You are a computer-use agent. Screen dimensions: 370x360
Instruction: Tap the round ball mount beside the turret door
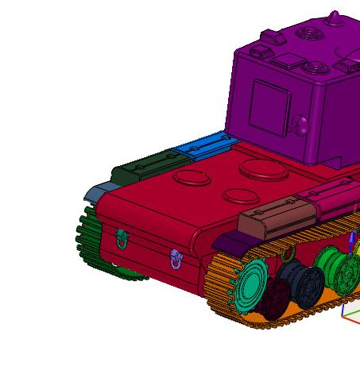tap(301, 125)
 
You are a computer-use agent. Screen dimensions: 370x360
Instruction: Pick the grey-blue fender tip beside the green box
tap(100, 191)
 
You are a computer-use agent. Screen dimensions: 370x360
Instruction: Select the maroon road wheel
tap(277, 299)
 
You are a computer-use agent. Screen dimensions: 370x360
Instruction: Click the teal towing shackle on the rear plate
tap(122, 237)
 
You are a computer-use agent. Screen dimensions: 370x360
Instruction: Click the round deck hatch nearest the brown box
tap(238, 196)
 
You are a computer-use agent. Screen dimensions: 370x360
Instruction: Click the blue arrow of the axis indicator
tap(352, 238)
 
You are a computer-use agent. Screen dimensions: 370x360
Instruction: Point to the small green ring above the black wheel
tap(288, 254)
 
